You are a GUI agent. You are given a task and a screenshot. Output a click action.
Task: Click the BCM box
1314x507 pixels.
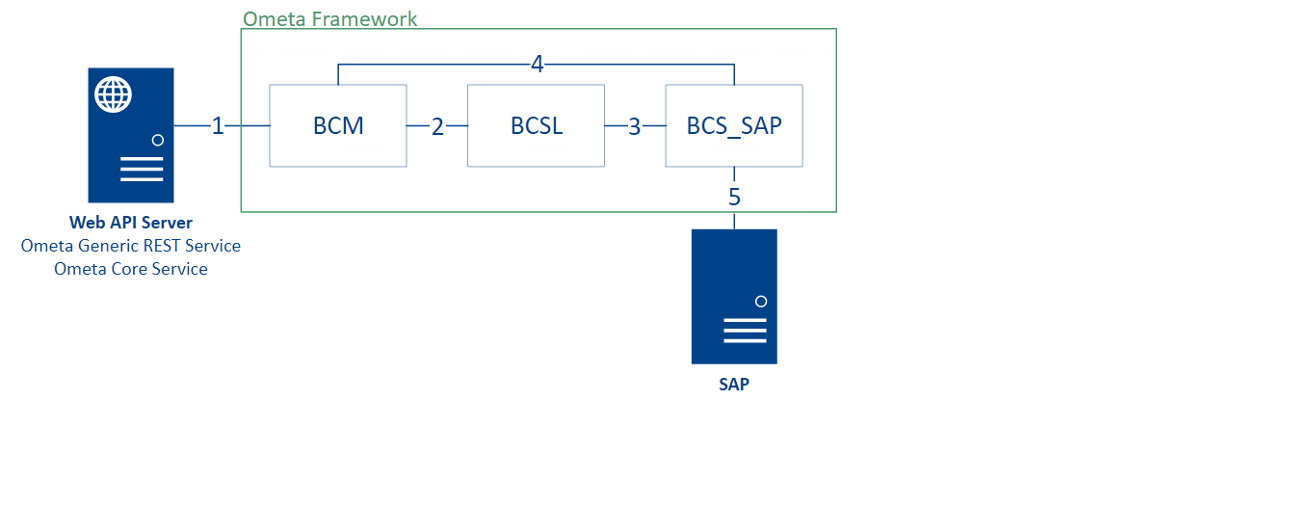337,125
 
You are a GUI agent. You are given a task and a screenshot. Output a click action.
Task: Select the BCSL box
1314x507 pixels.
536,125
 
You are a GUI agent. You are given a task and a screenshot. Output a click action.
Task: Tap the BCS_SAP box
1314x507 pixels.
734,125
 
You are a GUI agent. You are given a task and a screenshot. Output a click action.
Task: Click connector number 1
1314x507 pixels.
218,125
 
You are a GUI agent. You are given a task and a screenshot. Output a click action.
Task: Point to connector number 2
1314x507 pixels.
437,126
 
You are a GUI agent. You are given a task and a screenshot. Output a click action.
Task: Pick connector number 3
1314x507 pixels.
634,126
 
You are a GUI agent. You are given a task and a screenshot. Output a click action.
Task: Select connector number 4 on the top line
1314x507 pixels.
537,65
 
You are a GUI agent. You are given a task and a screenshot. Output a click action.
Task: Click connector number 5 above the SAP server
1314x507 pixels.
734,197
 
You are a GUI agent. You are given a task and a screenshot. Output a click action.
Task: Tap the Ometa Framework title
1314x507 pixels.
329,18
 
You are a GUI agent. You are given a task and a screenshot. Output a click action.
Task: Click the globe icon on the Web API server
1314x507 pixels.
114,94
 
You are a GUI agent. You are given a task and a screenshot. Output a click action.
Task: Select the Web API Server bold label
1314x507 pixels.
131,223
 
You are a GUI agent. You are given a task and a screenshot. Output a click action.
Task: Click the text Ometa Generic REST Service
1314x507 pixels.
131,246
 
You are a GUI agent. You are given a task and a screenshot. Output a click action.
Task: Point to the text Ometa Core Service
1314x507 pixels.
131,269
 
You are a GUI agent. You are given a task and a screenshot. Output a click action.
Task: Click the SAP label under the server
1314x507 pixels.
734,384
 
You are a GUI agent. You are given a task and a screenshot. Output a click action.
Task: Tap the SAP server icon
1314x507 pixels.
734,296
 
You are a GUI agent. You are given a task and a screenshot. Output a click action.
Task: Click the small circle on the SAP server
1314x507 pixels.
761,302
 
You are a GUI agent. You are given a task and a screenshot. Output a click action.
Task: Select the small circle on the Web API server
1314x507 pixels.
158,140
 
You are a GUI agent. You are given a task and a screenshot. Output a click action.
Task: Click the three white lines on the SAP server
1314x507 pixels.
745,332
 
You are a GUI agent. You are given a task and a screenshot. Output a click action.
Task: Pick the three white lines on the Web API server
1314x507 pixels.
142,171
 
